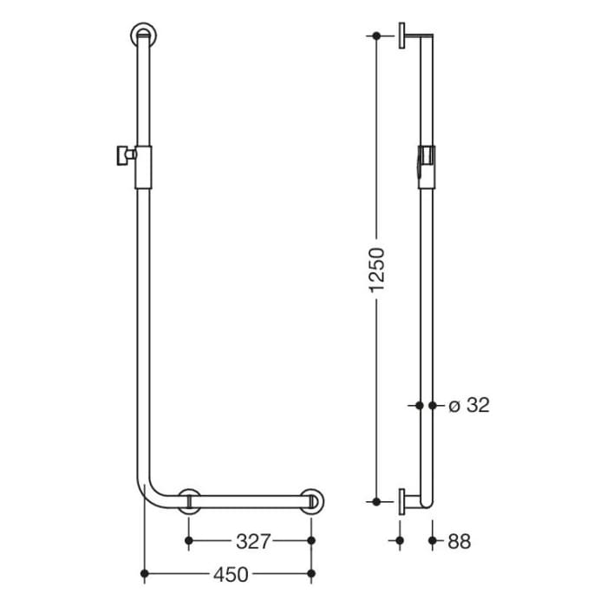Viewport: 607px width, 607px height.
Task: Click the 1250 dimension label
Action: pos(376,270)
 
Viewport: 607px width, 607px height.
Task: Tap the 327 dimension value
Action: pos(251,541)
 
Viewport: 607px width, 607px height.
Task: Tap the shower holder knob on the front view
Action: pos(116,156)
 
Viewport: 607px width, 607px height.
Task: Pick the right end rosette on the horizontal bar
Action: pos(312,502)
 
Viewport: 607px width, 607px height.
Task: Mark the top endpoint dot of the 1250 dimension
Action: pos(376,36)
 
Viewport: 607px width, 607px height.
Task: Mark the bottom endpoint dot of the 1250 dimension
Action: pos(376,501)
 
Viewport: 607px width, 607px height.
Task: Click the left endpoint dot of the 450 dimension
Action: pos(144,573)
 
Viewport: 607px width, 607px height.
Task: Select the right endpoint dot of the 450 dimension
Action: pos(312,573)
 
